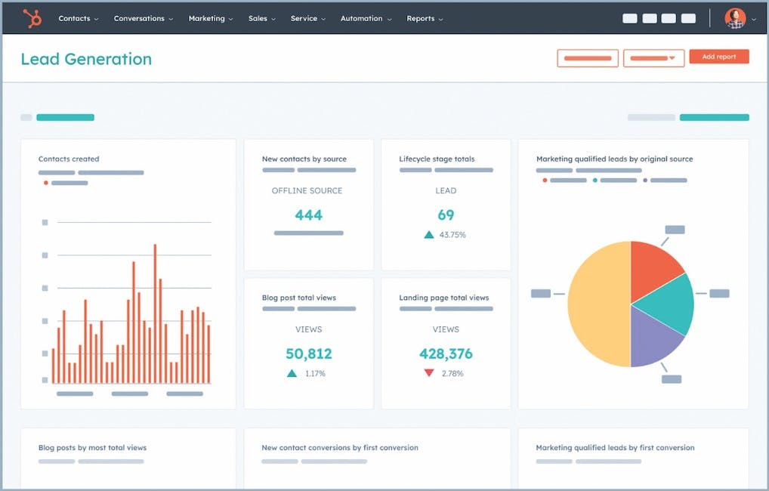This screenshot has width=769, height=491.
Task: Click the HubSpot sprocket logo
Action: click(x=32, y=18)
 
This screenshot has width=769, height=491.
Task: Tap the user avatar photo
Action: click(x=734, y=18)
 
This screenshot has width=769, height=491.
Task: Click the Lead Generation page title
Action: click(x=86, y=59)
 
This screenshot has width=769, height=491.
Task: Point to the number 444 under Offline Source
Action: click(x=308, y=215)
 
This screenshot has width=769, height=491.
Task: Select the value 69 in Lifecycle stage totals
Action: click(x=446, y=215)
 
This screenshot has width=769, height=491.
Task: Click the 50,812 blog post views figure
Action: click(x=308, y=354)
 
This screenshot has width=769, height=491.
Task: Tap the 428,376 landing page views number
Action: click(x=446, y=354)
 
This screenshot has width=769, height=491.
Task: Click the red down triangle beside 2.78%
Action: click(x=429, y=373)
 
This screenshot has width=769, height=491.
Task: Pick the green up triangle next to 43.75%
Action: click(x=429, y=235)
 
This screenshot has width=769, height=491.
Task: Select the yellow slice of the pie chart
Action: click(x=597, y=306)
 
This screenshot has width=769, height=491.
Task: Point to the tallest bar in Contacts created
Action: click(x=155, y=313)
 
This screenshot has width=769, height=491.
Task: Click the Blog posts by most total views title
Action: click(x=92, y=448)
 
